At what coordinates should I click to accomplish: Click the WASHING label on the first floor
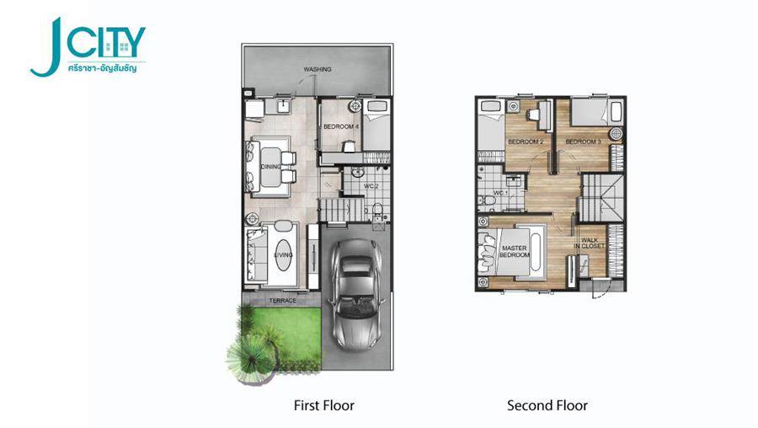318,69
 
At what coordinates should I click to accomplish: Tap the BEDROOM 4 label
341,126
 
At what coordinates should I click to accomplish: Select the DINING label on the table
270,166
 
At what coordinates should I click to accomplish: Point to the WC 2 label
371,186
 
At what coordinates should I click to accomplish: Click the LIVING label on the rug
283,255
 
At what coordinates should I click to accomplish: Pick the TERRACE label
283,301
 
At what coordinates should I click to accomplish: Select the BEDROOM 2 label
526,142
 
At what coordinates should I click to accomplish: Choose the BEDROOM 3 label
583,142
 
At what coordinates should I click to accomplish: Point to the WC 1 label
501,193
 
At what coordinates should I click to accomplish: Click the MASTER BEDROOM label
515,251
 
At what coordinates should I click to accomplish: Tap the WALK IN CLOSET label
590,243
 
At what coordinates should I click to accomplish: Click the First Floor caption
324,405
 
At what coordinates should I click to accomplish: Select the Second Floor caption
547,405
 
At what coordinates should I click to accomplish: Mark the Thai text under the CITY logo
102,68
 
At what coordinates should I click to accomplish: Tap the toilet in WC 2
377,209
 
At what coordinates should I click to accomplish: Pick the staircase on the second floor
601,198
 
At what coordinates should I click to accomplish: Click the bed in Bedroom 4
377,126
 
